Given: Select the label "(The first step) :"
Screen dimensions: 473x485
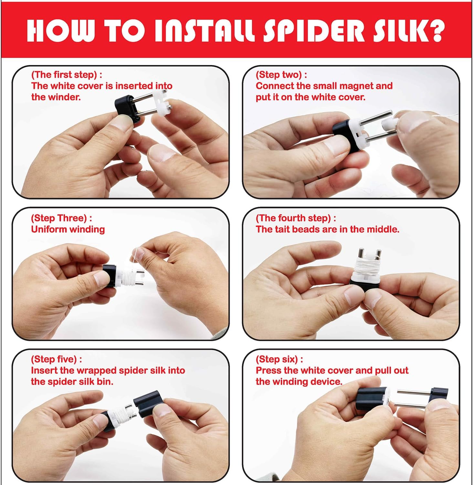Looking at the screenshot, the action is [x=67, y=75].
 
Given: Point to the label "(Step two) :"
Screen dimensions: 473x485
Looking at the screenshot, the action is [x=281, y=75].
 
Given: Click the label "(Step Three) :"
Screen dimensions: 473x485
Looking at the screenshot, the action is [x=61, y=218].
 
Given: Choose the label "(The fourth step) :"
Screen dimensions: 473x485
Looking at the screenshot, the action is [x=296, y=218].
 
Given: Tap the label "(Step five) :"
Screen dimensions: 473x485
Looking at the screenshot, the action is [x=57, y=359].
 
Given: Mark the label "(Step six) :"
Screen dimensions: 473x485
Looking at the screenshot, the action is [x=279, y=359].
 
